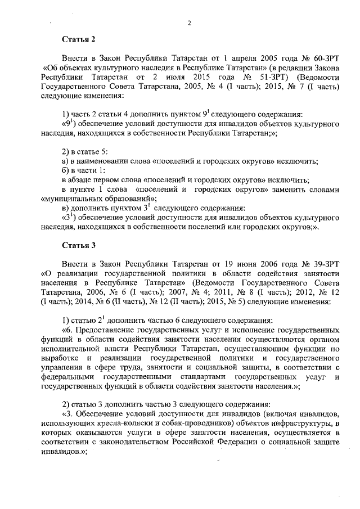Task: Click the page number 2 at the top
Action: pyautogui.click(x=190, y=23)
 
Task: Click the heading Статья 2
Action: pyautogui.click(x=79, y=39)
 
